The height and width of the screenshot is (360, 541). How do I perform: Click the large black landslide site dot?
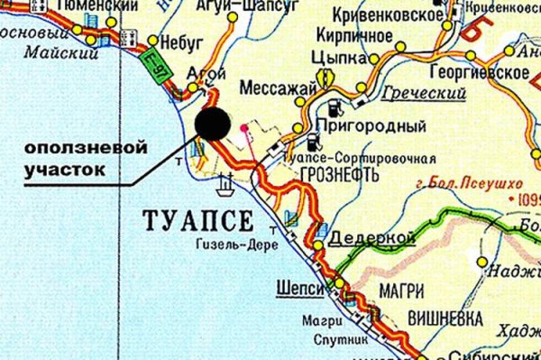tap(212, 124)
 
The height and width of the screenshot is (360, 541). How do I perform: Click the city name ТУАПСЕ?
tap(198, 219)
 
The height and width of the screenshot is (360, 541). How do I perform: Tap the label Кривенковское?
tap(388, 15)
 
